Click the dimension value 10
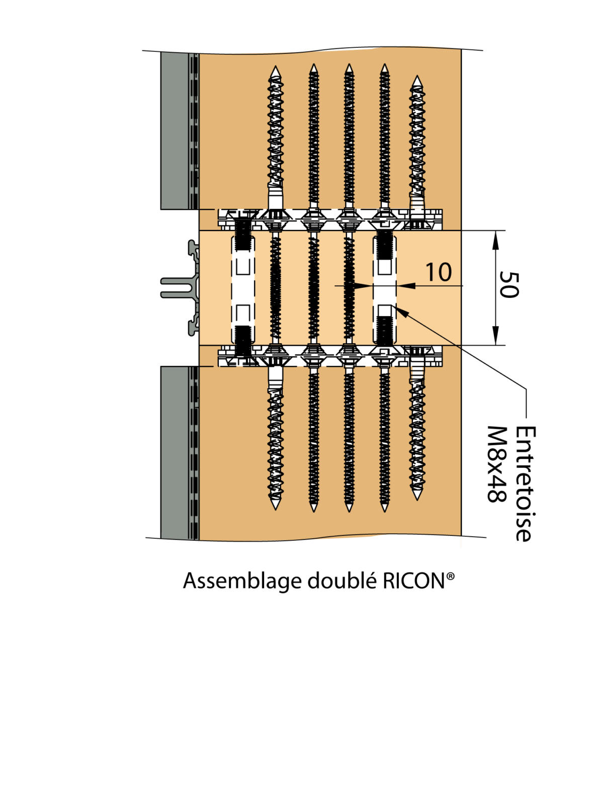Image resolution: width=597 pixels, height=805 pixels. [439, 272]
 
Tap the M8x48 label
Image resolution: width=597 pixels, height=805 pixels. [496, 464]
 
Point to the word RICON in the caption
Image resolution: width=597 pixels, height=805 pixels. [413, 581]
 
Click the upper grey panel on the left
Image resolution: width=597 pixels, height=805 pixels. [174, 131]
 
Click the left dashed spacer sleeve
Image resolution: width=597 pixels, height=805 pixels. [242, 287]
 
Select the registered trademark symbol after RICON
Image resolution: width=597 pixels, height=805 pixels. [451, 576]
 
